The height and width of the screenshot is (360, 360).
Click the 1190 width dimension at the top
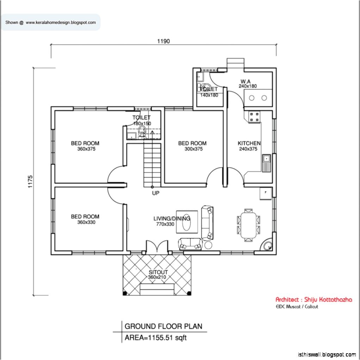click(x=163, y=41)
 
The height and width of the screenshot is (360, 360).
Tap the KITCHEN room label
click(x=249, y=143)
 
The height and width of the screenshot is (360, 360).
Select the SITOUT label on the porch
click(x=158, y=272)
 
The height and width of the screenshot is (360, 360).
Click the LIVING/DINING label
click(x=172, y=218)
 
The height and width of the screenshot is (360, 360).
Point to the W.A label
click(x=246, y=81)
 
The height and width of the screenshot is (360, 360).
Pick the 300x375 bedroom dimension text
click(x=193, y=149)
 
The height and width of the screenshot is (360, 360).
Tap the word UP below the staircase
click(x=156, y=193)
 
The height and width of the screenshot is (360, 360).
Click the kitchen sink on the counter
click(x=266, y=163)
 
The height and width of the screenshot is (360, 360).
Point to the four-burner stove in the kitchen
click(x=254, y=117)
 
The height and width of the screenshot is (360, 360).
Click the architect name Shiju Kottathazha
click(x=314, y=299)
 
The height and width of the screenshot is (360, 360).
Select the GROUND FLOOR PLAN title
click(x=163, y=326)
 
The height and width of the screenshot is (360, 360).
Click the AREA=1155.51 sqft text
click(x=155, y=338)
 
